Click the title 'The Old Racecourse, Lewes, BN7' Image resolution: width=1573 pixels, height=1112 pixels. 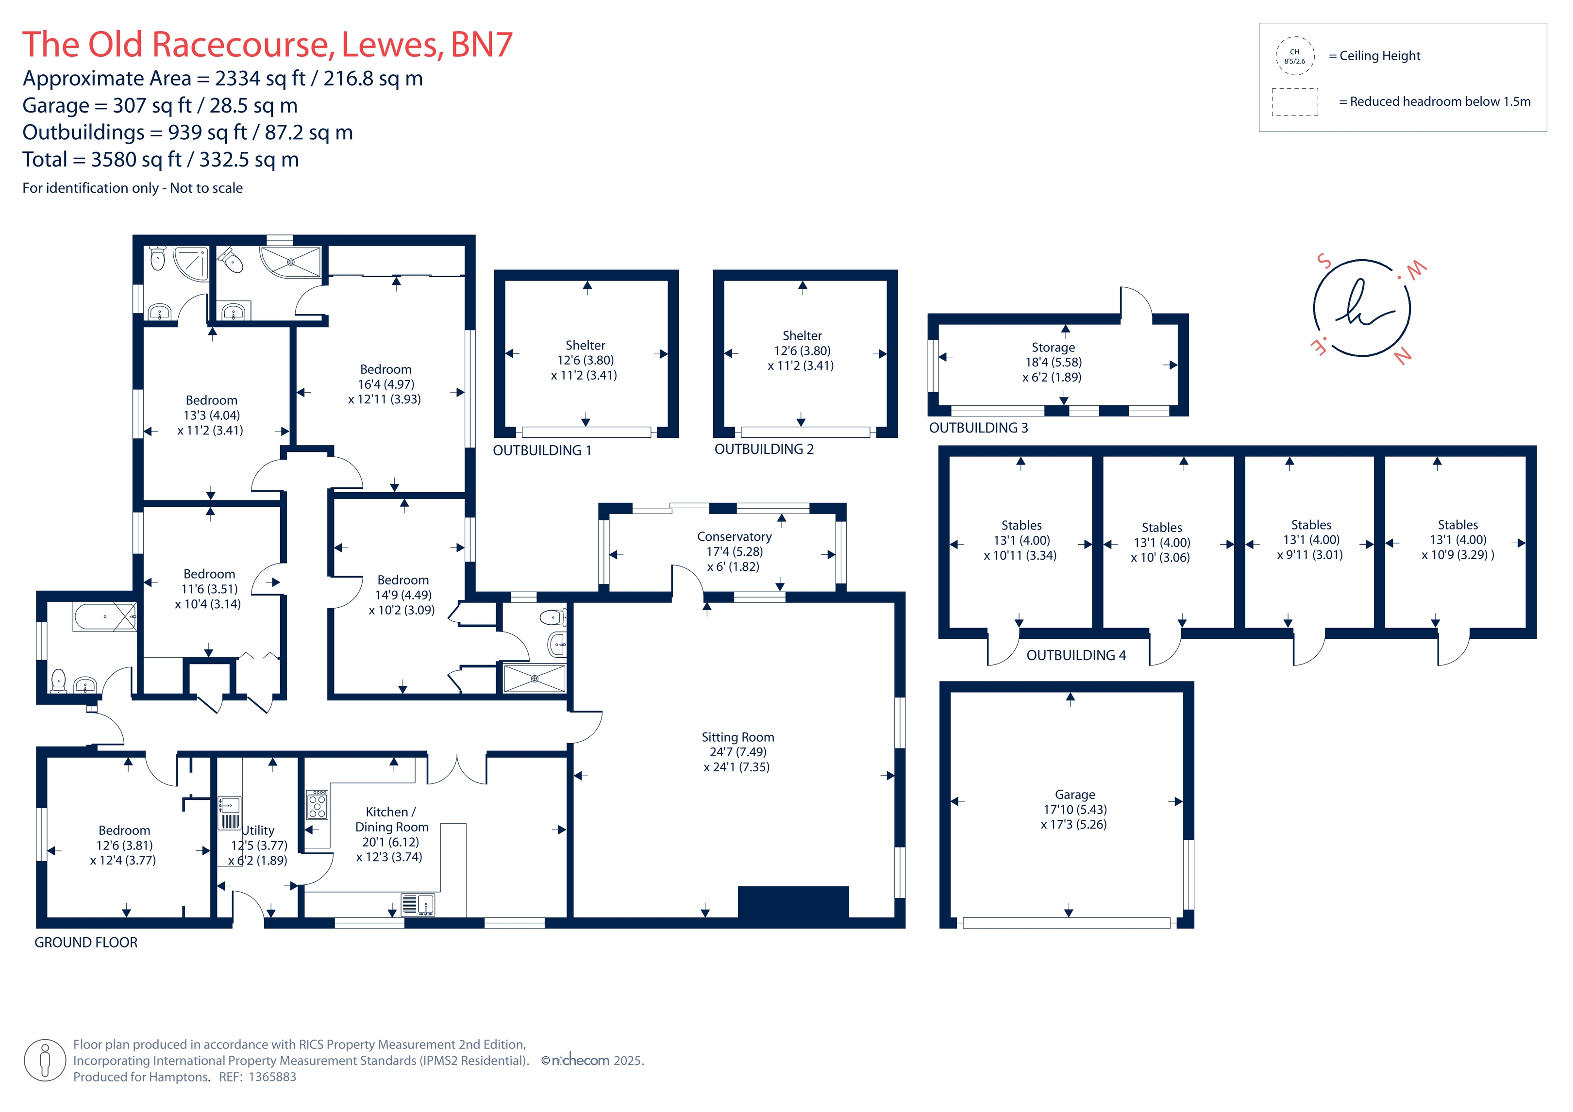click(267, 45)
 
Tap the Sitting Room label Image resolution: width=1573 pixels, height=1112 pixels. click(737, 752)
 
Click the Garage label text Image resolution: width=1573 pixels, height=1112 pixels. click(1074, 809)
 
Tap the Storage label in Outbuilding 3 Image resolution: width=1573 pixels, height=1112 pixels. click(1053, 362)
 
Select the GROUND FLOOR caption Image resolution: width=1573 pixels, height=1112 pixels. click(85, 943)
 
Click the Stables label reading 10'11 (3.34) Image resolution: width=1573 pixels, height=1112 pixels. click(1021, 540)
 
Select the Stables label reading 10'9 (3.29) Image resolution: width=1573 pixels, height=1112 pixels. click(1457, 540)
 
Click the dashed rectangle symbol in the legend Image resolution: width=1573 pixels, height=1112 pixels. click(1294, 102)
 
